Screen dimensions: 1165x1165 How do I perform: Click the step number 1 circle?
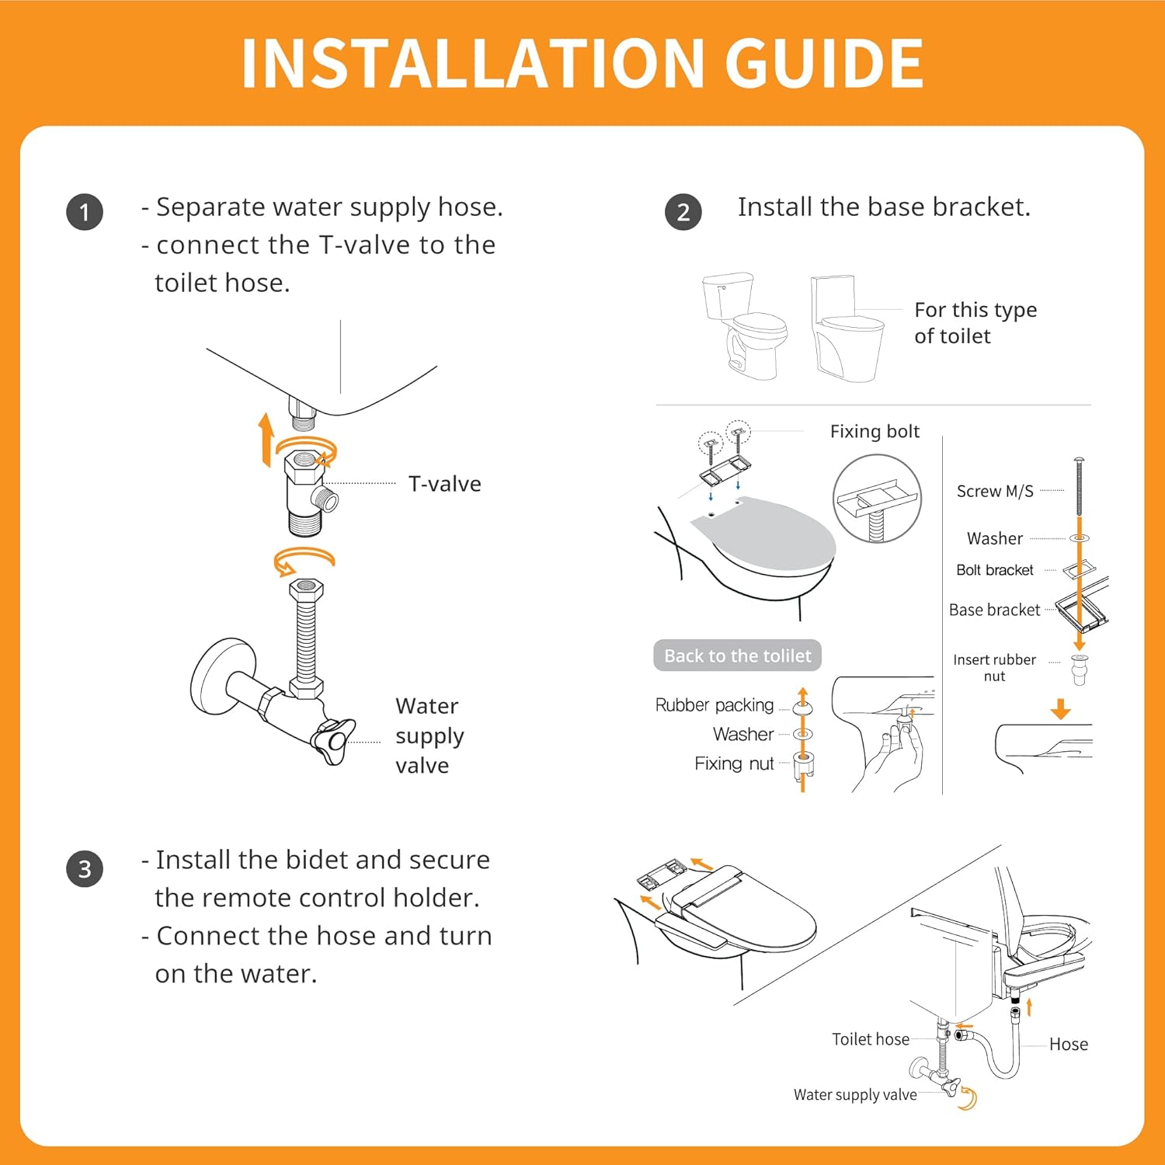click(x=85, y=212)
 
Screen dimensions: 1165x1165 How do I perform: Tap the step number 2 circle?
click(x=683, y=212)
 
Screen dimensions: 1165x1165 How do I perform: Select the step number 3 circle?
click(x=85, y=868)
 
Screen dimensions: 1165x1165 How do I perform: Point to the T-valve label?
click(x=445, y=484)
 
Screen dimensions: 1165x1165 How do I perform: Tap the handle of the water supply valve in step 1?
click(x=332, y=740)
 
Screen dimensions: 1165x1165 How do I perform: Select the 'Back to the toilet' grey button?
click(x=737, y=656)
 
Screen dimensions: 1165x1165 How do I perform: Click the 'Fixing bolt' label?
click(x=875, y=432)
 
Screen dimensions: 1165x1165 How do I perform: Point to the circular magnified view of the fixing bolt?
click(x=877, y=499)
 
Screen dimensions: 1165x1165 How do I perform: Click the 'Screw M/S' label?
click(x=995, y=491)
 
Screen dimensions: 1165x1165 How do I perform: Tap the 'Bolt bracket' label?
click(x=995, y=570)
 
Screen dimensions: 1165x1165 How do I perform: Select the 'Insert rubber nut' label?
click(x=994, y=667)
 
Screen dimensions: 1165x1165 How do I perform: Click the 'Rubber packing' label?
click(x=715, y=704)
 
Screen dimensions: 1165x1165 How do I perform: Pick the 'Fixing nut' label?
click(x=734, y=763)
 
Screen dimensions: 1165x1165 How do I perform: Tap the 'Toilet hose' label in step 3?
click(x=871, y=1039)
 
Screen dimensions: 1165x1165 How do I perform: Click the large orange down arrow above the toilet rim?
click(x=1060, y=708)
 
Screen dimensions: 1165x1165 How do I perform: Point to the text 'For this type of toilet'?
click(x=975, y=322)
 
